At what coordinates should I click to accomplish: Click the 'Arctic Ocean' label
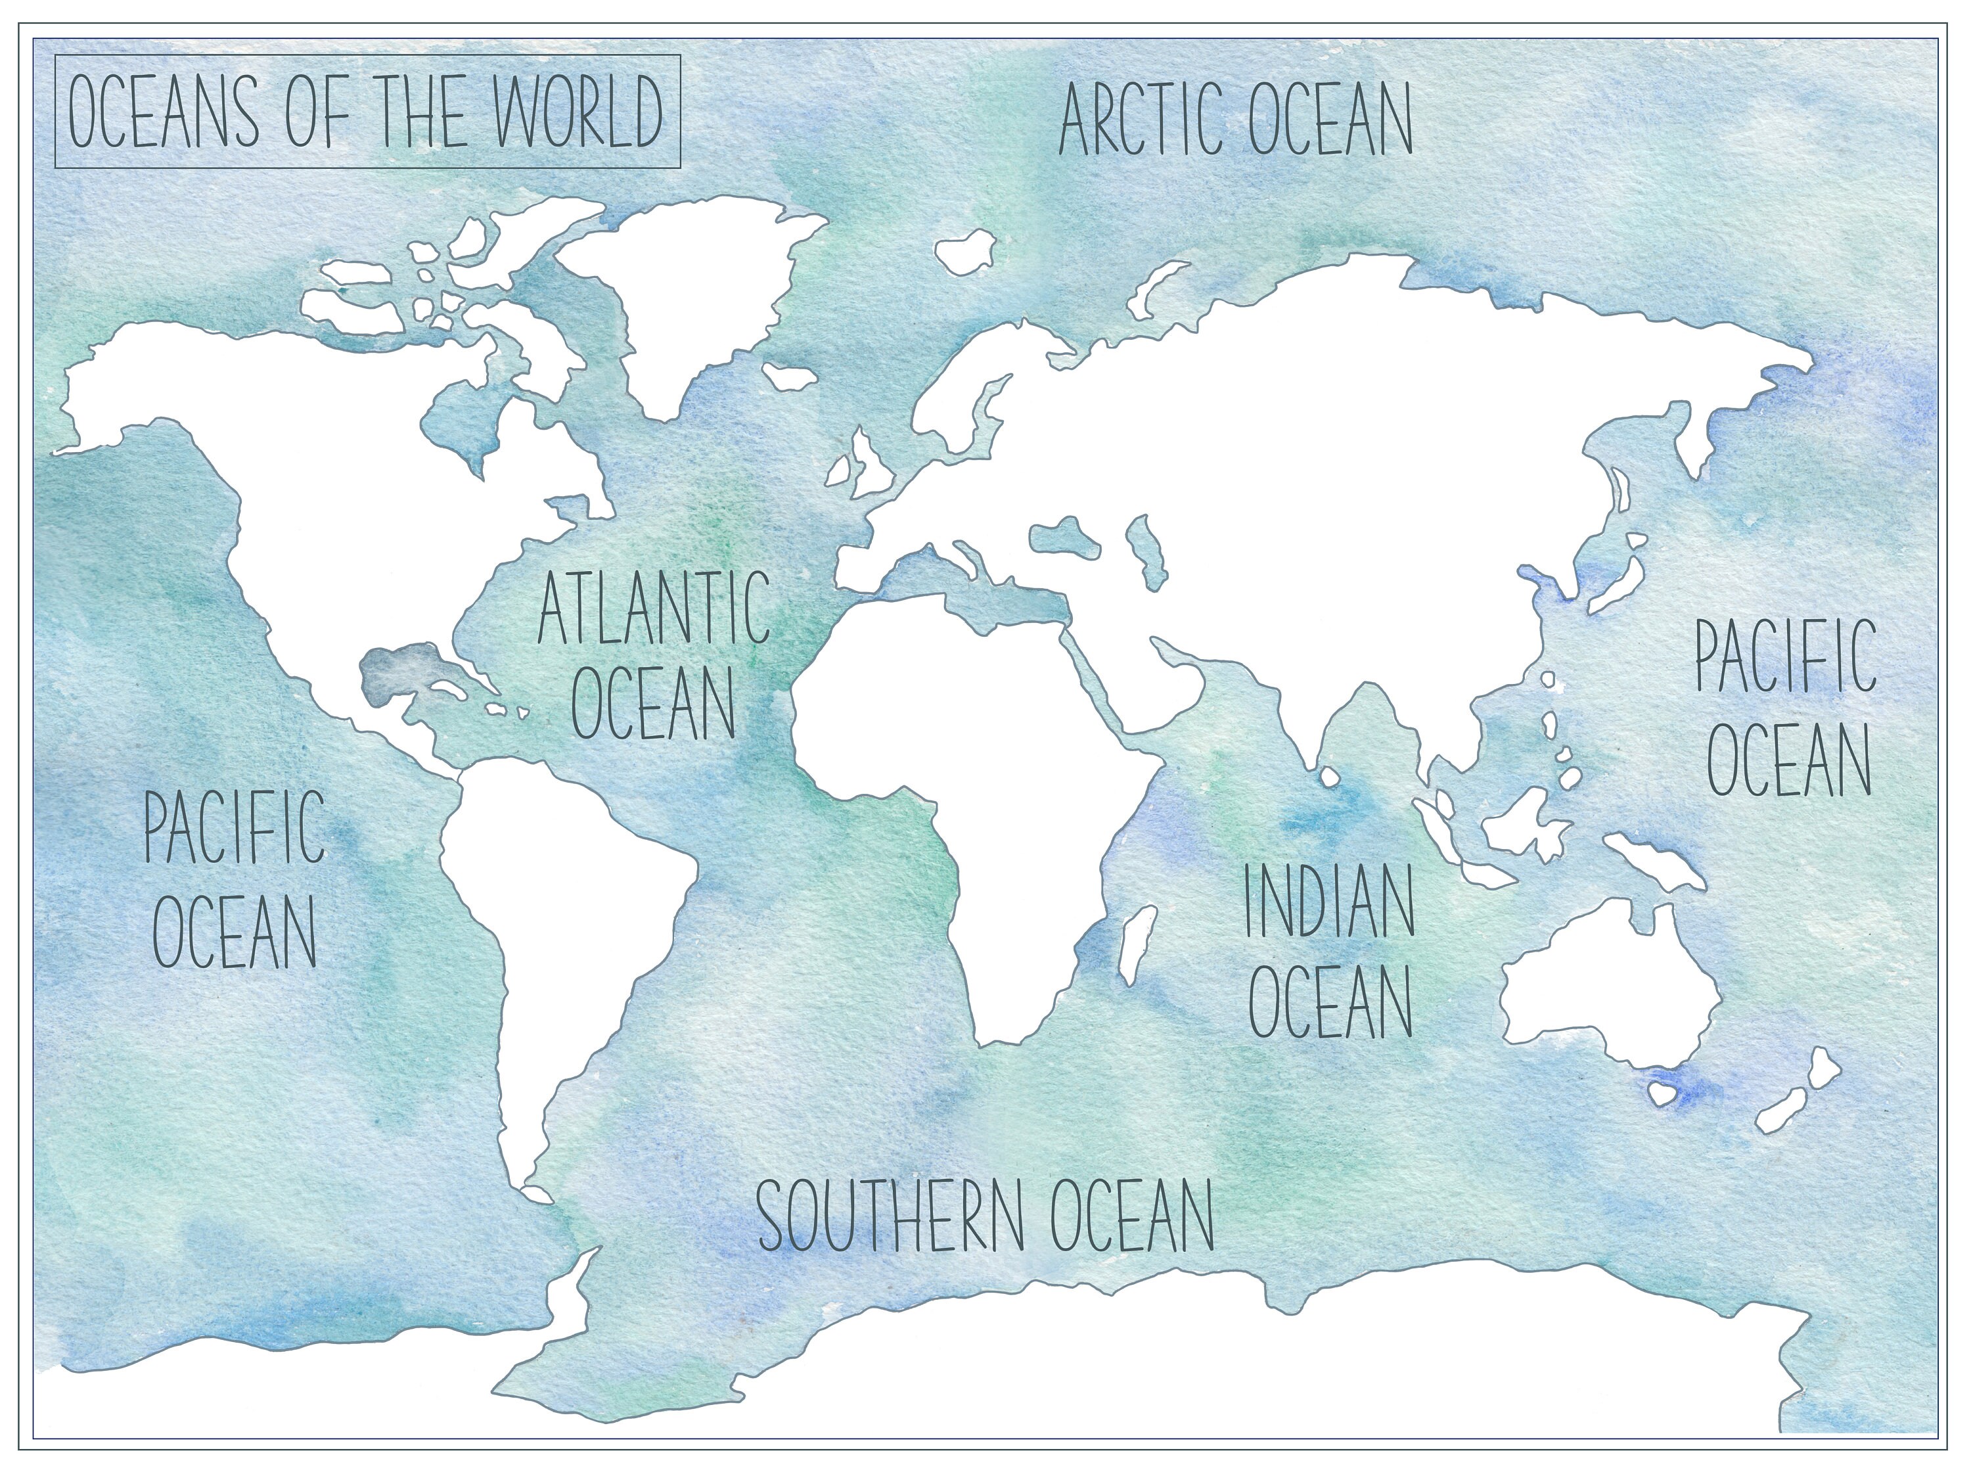tap(1235, 131)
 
